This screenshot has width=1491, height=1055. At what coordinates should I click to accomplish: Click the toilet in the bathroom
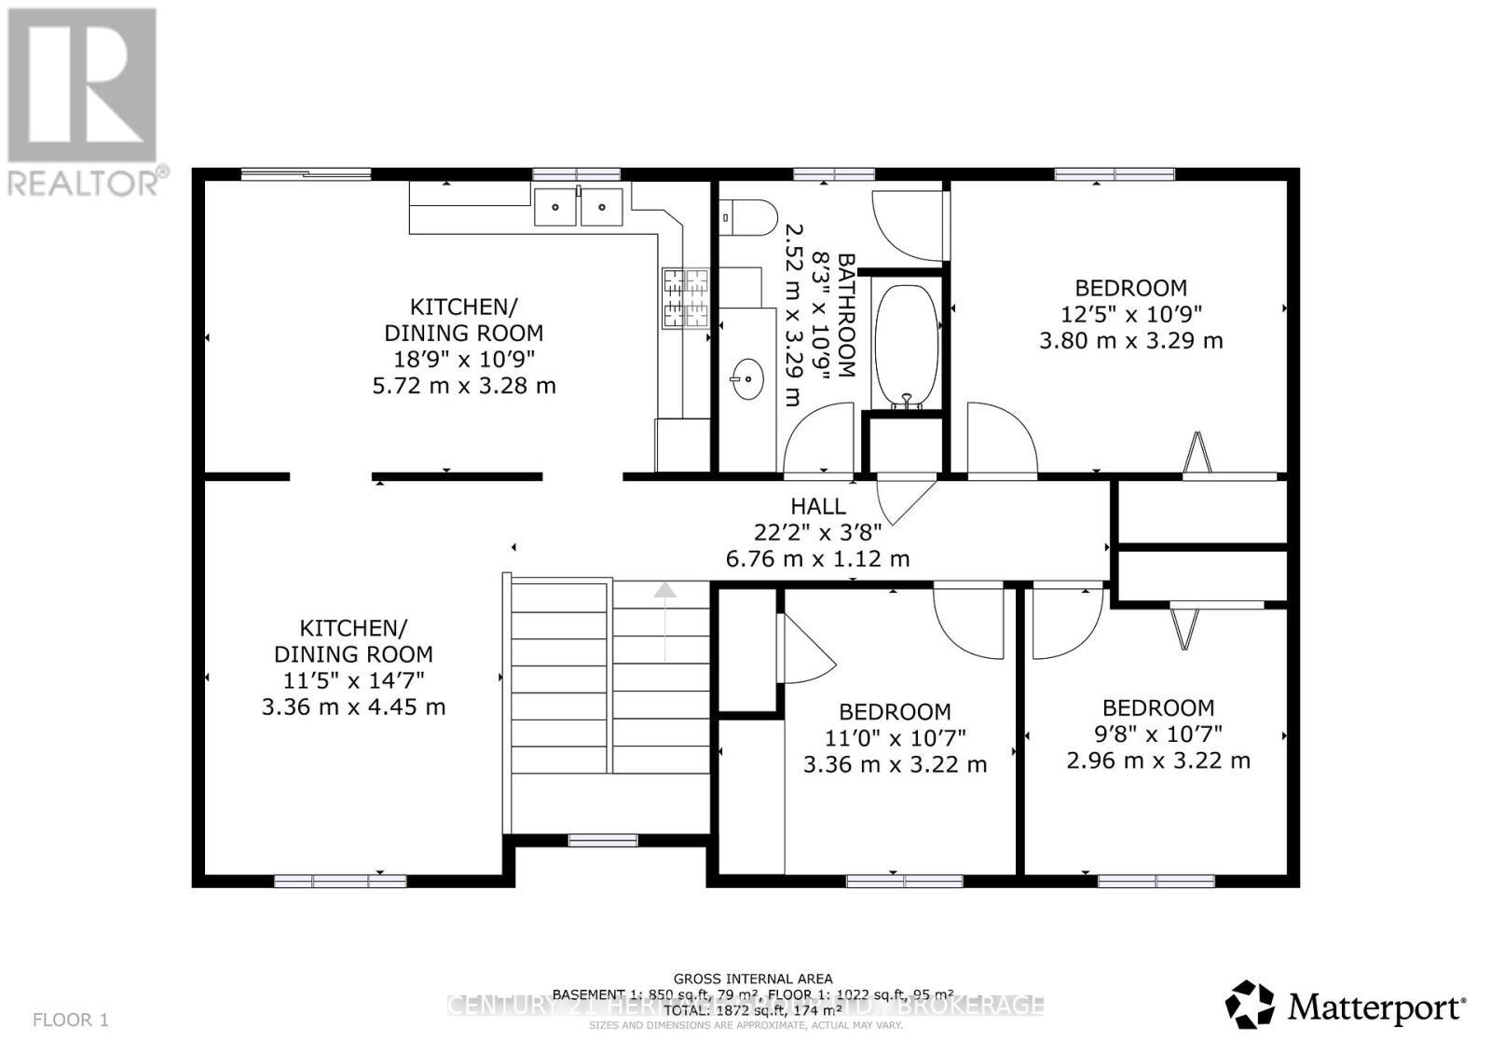click(750, 216)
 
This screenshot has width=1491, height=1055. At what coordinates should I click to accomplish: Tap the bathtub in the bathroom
click(907, 344)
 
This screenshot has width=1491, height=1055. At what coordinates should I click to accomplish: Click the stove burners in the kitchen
click(685, 297)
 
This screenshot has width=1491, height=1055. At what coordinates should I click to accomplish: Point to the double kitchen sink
click(578, 206)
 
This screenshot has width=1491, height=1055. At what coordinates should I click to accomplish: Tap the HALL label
click(818, 506)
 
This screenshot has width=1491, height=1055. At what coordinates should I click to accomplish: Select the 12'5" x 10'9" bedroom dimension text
click(1130, 314)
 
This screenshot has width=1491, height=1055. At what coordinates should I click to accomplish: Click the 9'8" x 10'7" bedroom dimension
click(1158, 733)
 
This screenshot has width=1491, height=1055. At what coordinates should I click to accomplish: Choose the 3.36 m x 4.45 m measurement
click(353, 706)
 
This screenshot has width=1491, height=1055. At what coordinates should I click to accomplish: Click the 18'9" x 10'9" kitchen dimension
click(463, 359)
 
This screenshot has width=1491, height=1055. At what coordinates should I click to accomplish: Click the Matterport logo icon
click(1249, 1005)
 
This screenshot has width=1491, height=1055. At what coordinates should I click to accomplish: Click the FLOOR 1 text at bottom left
click(71, 1020)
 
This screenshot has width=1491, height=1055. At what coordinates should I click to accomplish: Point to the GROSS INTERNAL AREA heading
click(753, 979)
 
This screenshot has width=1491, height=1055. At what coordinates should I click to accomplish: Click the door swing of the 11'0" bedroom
click(969, 619)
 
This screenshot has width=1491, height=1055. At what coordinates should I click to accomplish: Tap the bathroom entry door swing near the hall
click(820, 438)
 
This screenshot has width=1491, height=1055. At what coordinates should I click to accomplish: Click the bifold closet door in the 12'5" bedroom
click(1198, 454)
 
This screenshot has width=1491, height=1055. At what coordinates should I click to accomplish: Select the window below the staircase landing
click(603, 841)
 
